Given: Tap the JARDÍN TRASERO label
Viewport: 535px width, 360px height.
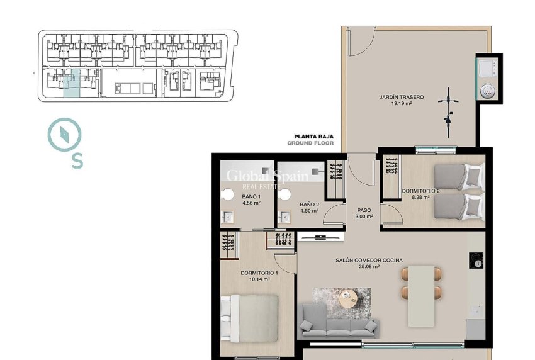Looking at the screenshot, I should click(401, 97).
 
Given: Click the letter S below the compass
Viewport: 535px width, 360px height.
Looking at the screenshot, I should click(77, 162).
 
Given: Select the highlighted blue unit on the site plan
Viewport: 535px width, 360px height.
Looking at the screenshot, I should click(72, 84).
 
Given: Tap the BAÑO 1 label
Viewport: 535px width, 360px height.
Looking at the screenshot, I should click(251, 197).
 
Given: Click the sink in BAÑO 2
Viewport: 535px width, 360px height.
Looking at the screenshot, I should click(285, 217).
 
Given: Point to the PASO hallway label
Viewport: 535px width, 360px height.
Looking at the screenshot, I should click(364, 211).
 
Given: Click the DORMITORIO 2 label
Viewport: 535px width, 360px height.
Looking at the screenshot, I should click(420, 190).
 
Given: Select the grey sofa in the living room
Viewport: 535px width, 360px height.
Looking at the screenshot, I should click(339, 320).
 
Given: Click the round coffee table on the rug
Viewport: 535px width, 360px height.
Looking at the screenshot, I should click(347, 298).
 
